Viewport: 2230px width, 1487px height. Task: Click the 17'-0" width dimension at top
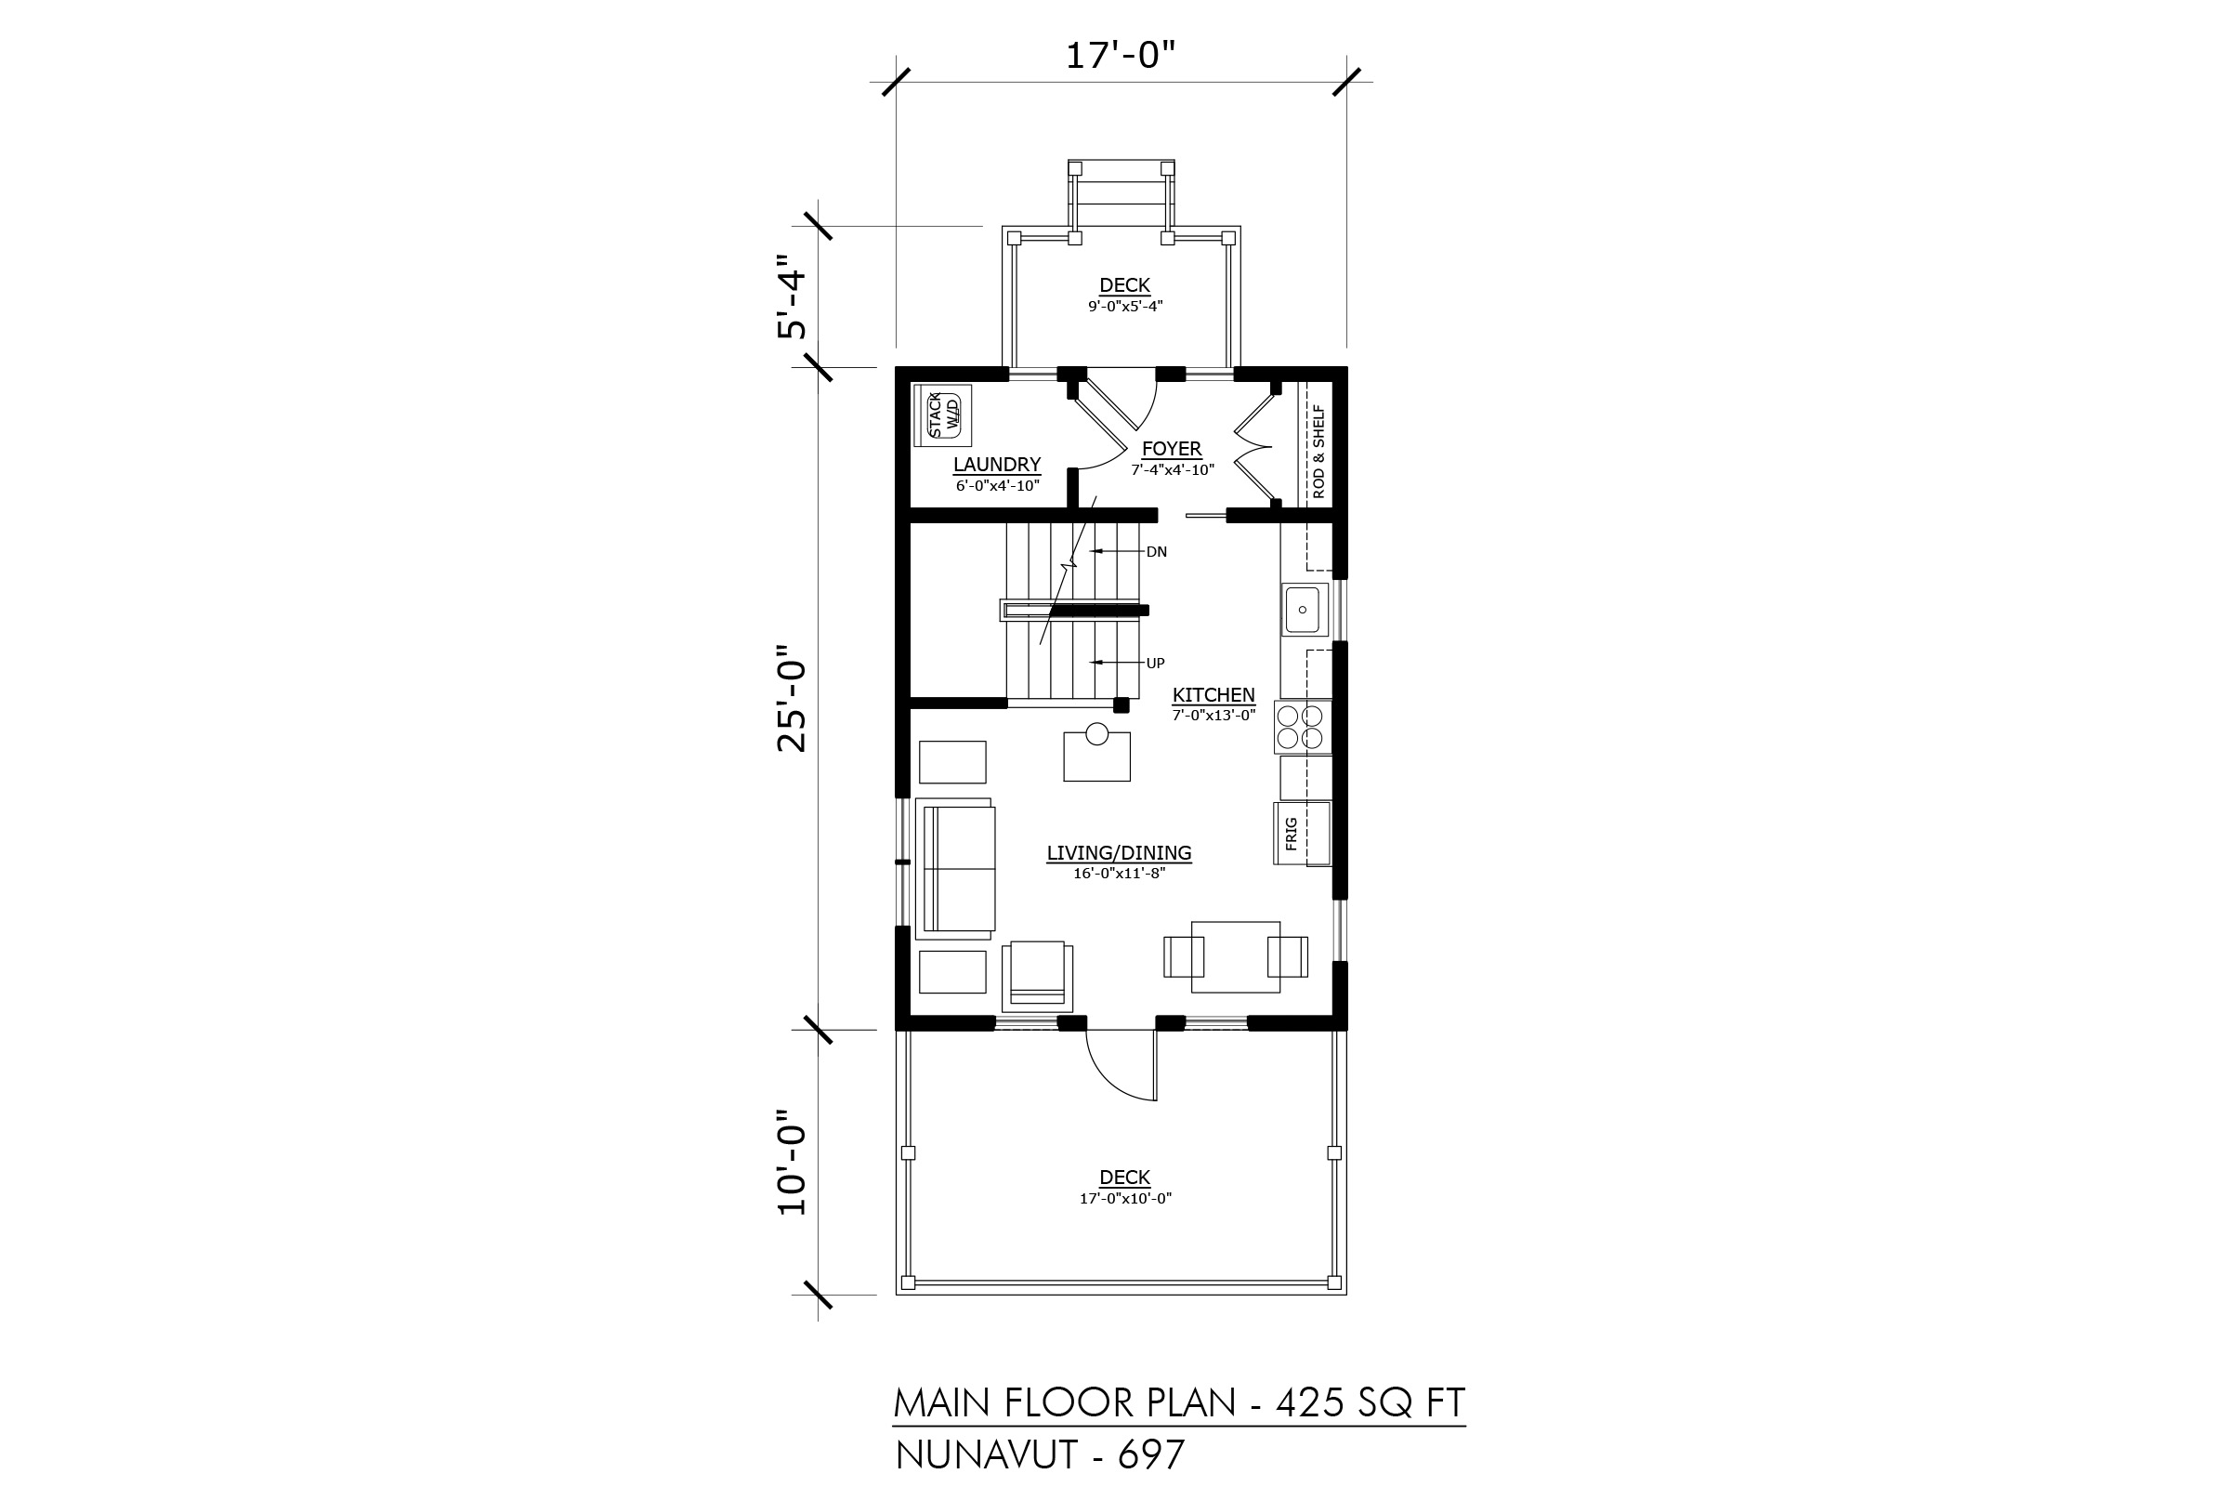1120,56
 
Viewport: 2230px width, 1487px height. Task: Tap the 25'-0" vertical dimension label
792,699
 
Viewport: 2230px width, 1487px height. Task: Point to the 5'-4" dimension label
792,296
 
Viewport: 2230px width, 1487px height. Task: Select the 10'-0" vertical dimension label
792,1163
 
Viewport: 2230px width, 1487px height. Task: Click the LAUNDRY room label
996,464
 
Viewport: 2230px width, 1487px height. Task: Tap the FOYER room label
1172,449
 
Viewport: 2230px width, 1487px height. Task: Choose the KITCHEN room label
1213,695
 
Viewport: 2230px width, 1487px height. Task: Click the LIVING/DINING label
1119,852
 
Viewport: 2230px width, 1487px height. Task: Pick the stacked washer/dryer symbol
942,415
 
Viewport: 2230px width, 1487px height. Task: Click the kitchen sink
1303,610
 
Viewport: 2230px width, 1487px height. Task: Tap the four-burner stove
1300,728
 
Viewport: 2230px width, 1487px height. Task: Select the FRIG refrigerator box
1302,834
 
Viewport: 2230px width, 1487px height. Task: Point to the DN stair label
1157,552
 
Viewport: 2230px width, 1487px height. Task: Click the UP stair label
1155,664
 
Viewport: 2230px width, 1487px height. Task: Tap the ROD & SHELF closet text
1318,452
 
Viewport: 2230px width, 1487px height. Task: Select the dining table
1236,957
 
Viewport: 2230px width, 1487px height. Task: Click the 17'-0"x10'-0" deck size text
1125,1199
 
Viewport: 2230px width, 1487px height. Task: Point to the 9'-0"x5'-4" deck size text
1124,307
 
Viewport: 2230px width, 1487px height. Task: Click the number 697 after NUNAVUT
1151,1455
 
